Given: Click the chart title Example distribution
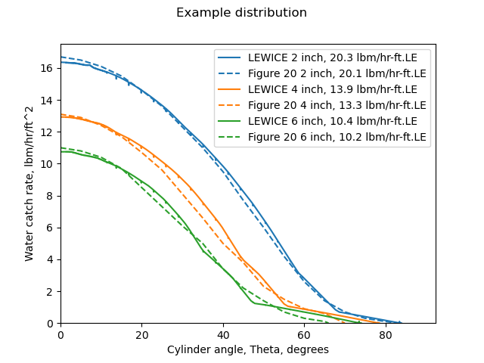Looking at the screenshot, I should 241,13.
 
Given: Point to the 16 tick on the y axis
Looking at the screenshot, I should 51,68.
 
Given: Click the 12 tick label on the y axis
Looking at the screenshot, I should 51,132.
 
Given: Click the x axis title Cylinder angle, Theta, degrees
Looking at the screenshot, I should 248,350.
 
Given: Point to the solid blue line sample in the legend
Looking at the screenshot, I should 230,57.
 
